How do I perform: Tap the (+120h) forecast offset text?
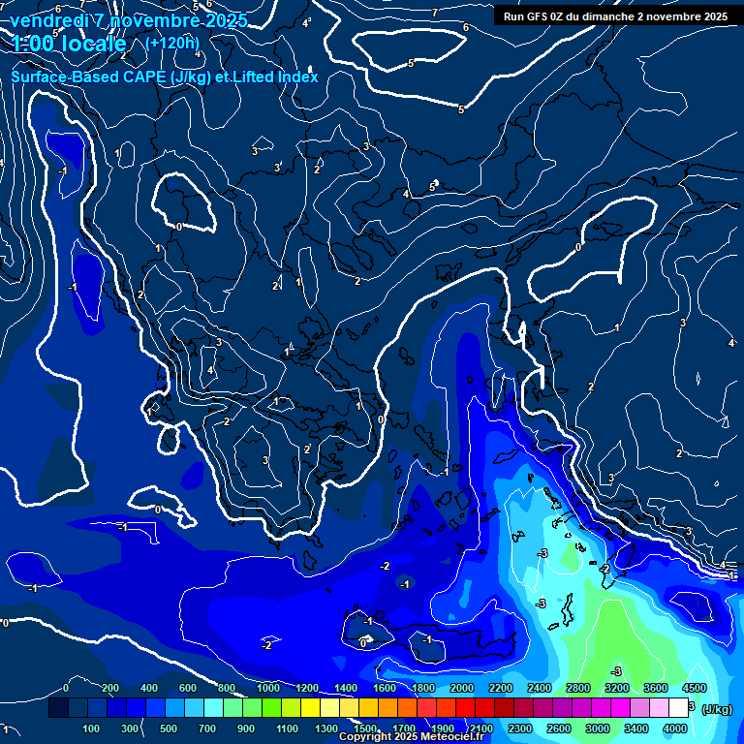point(172,43)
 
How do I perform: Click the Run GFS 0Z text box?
point(615,16)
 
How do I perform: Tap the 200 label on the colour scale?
point(109,688)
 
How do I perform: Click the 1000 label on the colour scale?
point(268,688)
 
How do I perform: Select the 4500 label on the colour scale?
point(694,688)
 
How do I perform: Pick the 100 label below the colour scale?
point(91,728)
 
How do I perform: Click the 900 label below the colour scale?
point(246,728)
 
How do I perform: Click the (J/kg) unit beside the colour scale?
point(716,709)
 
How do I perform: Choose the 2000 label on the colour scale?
point(462,688)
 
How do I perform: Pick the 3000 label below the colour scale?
point(598,728)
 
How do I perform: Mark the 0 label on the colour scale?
point(66,688)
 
